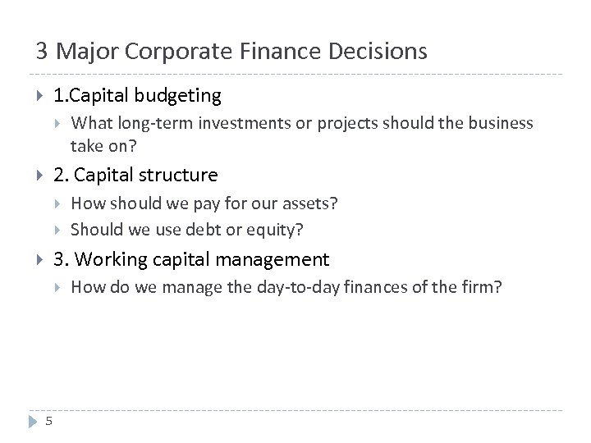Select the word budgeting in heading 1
point(178,96)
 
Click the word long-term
point(151,123)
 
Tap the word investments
point(239,123)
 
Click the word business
point(502,123)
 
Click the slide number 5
point(49,422)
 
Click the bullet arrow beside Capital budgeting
point(40,96)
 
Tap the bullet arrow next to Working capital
point(40,260)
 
